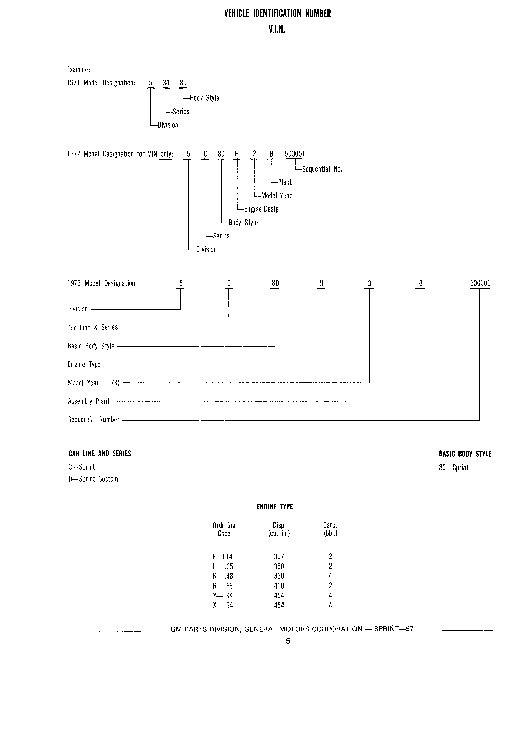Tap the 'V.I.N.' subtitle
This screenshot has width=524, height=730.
[x=277, y=30]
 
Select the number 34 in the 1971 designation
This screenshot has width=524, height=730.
[x=166, y=83]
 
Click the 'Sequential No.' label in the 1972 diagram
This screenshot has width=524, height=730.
[x=322, y=169]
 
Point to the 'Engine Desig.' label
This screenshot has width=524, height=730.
[x=262, y=209]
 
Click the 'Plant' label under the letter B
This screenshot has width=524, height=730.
[x=285, y=182]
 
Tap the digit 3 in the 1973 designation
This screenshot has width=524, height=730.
[x=370, y=283]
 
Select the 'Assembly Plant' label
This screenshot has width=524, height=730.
[x=89, y=401]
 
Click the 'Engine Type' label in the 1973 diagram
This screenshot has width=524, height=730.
[x=84, y=364]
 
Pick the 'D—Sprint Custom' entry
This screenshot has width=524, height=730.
[x=93, y=479]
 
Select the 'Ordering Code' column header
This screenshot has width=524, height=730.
[x=224, y=529]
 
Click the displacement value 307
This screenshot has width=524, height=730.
[x=279, y=556]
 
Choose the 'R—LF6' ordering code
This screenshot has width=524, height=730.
[x=223, y=586]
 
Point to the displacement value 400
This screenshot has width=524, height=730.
[x=279, y=586]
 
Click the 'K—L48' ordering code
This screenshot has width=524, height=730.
[x=223, y=576]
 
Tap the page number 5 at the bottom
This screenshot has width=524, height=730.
[x=288, y=641]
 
